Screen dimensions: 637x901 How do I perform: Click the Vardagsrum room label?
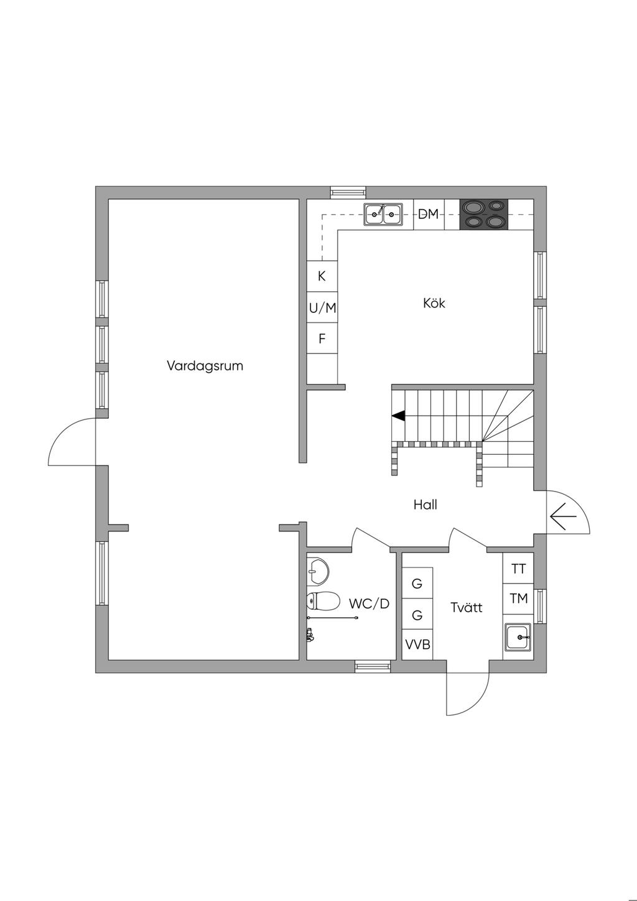tap(205, 366)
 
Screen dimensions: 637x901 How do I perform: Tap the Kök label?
tap(434, 304)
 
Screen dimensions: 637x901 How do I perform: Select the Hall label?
tap(425, 504)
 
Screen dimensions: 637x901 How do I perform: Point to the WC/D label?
tap(369, 604)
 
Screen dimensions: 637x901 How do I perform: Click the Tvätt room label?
tap(467, 607)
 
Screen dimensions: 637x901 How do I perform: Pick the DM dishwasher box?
tap(429, 215)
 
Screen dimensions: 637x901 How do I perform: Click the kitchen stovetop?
tap(483, 214)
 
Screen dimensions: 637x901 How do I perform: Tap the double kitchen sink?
tap(382, 215)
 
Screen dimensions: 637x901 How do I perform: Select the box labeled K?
tap(322, 276)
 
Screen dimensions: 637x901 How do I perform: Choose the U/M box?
tap(322, 307)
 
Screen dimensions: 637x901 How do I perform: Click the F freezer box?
tap(322, 339)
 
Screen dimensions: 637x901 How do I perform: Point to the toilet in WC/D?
tap(323, 601)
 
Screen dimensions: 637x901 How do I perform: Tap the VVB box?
tap(417, 645)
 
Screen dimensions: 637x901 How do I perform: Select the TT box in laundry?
tap(518, 569)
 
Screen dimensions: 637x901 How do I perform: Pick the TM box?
tap(518, 599)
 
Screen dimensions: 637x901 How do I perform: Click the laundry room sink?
tap(518, 637)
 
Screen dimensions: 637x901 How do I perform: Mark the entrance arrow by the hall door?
tap(563, 516)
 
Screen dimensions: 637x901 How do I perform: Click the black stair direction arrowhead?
tap(398, 415)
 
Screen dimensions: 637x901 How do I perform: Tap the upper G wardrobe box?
tap(417, 584)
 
